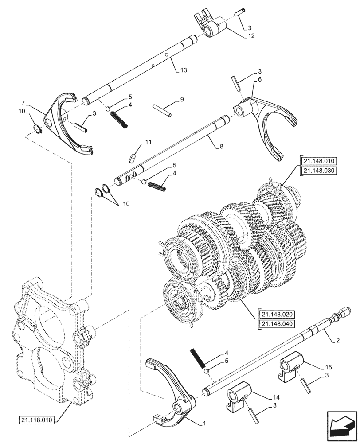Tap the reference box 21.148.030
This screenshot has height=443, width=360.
click(319, 171)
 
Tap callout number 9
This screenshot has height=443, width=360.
click(182, 100)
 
